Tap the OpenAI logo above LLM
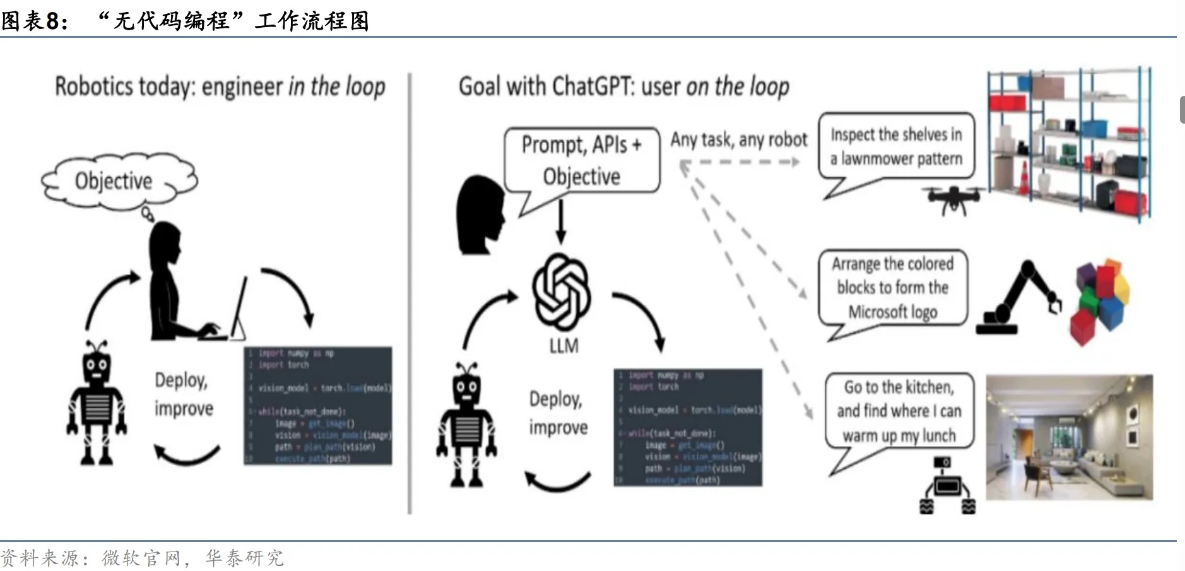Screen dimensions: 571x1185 pos(562,291)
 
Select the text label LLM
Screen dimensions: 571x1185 pos(563,346)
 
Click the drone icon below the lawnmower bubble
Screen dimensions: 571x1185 pos(953,199)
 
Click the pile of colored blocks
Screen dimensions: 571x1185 pos(1100,300)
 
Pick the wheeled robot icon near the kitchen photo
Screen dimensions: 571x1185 pos(947,486)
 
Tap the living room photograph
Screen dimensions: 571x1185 pos(1069,437)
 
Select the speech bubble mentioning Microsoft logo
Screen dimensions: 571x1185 pos(892,288)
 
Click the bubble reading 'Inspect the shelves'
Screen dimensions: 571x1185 pos(896,146)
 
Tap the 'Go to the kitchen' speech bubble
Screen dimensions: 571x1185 pos(899,411)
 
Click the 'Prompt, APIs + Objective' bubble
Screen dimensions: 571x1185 pos(582,160)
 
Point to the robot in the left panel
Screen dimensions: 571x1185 pos(97,404)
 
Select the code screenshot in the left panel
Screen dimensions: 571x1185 pos(318,406)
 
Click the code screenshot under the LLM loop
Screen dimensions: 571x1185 pos(688,427)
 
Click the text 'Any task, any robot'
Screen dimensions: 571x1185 pos(738,139)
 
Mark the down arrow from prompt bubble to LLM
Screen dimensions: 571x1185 pos(560,221)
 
